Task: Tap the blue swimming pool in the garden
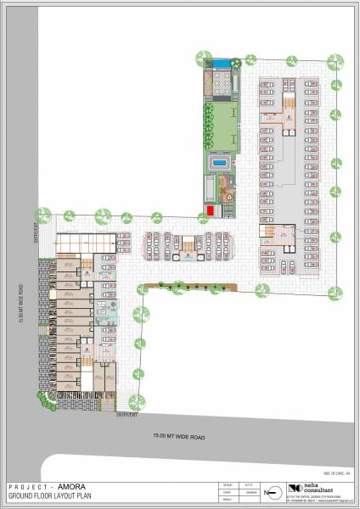(x=220, y=161)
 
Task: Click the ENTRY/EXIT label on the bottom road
(x=127, y=416)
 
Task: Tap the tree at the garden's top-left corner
(x=204, y=58)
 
